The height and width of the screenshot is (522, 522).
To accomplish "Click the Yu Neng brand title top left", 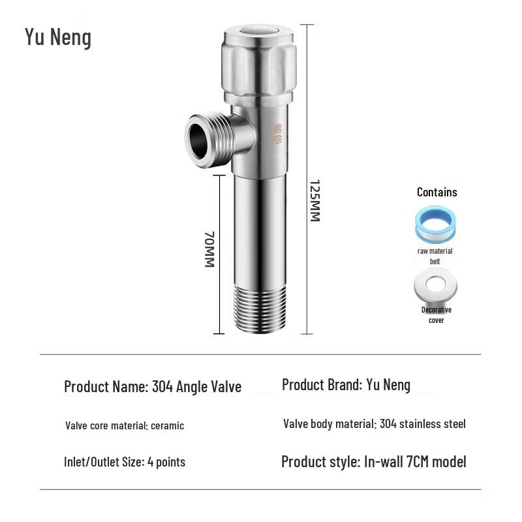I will (x=58, y=37).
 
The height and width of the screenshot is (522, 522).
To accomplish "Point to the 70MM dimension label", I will (x=209, y=249).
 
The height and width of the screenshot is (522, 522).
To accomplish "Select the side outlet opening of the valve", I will (x=199, y=138).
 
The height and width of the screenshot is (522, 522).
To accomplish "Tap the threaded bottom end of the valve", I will (x=260, y=308).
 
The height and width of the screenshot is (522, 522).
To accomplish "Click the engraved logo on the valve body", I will (x=277, y=134).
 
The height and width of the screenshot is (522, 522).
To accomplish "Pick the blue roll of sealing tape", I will (x=435, y=226).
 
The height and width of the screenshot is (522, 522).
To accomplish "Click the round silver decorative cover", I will (x=435, y=285).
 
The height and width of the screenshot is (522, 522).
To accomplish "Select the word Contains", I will (x=437, y=192).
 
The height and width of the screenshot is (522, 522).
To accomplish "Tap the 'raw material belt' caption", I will (x=435, y=256).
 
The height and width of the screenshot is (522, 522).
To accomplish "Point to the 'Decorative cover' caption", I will (x=436, y=315).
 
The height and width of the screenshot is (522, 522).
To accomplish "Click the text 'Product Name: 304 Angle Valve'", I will (x=153, y=386).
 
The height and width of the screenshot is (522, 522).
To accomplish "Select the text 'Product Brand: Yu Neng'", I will (x=346, y=385).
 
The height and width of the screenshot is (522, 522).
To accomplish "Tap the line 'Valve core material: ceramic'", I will (x=125, y=425).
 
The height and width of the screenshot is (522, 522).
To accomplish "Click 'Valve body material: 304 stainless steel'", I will (x=375, y=424).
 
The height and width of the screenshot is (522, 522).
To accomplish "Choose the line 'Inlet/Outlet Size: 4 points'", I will (x=125, y=462).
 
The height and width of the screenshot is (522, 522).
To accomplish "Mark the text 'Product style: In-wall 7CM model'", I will (x=374, y=462).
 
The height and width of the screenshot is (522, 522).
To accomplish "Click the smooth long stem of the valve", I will (x=260, y=222).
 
